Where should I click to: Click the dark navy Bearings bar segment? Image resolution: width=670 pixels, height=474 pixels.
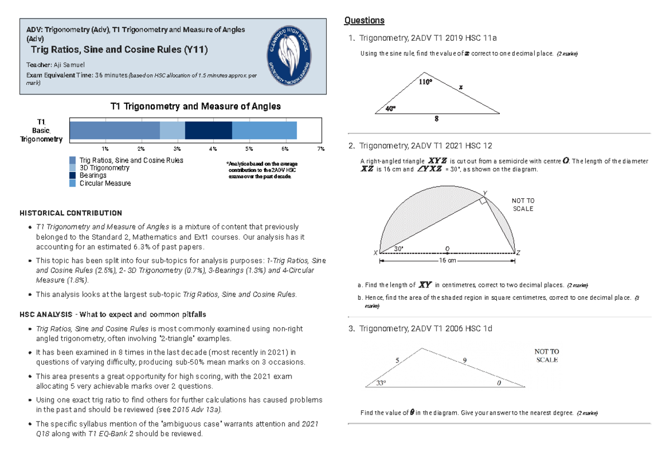(208, 130)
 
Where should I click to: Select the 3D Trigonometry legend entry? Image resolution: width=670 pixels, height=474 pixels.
(104, 168)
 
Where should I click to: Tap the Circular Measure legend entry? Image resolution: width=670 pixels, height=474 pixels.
(105, 183)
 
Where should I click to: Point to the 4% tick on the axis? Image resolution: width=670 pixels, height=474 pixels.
(213, 149)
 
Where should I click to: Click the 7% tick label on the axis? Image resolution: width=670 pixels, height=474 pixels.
(320, 149)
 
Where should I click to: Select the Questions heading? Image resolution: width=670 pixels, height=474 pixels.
(364, 21)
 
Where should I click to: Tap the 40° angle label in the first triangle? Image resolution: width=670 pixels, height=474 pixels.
(390, 108)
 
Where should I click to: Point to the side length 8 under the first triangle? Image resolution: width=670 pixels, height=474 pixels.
(437, 119)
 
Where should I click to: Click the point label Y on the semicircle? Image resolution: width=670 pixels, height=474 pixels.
(485, 193)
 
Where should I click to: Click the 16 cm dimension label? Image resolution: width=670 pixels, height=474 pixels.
(447, 261)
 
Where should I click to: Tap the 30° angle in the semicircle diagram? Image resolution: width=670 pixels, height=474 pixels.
(399, 248)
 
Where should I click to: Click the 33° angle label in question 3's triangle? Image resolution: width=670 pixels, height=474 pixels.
(381, 383)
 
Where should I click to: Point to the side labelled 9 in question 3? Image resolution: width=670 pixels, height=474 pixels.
(465, 361)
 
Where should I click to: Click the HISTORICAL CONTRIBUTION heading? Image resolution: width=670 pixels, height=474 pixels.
(70, 213)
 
